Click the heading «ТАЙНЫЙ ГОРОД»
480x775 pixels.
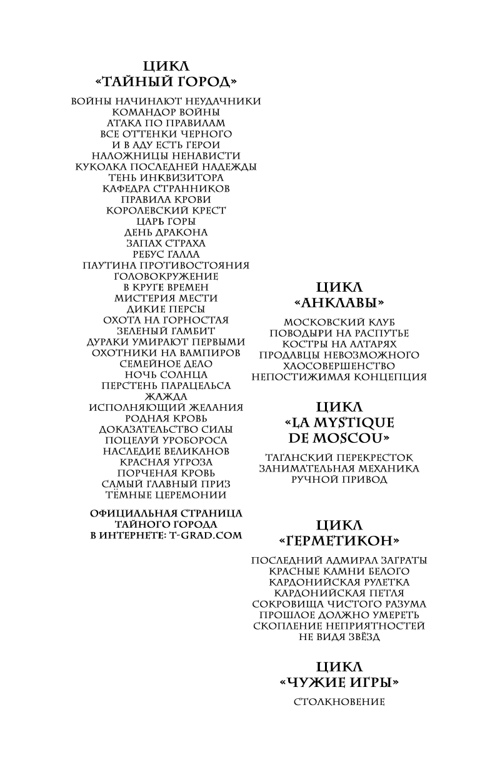click(x=166, y=82)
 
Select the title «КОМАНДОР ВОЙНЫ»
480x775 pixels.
click(x=166, y=112)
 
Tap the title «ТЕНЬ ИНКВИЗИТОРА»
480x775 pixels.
click(x=166, y=177)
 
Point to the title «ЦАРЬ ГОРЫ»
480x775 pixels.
click(x=166, y=221)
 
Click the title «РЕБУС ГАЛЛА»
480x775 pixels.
click(x=166, y=254)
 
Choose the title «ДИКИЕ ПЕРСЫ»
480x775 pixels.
click(x=166, y=309)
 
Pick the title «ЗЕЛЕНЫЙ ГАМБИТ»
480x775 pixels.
click(x=166, y=331)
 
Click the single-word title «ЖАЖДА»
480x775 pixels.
click(x=166, y=397)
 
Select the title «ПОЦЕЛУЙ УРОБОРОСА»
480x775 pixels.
click(x=166, y=440)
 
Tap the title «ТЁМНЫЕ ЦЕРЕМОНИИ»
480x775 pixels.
click(x=166, y=495)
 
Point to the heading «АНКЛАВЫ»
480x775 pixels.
click(x=339, y=302)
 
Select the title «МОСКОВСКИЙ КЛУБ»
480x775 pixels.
click(x=339, y=322)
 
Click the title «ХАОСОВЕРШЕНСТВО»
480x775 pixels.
click(x=339, y=365)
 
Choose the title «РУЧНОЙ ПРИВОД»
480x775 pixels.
click(x=339, y=480)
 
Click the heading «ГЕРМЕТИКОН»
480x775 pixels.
click(x=339, y=540)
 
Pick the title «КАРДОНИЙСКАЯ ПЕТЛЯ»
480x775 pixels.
click(x=339, y=593)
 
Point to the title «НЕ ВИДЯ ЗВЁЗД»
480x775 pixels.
click(x=339, y=636)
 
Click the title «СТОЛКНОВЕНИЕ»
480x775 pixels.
click(x=339, y=702)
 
